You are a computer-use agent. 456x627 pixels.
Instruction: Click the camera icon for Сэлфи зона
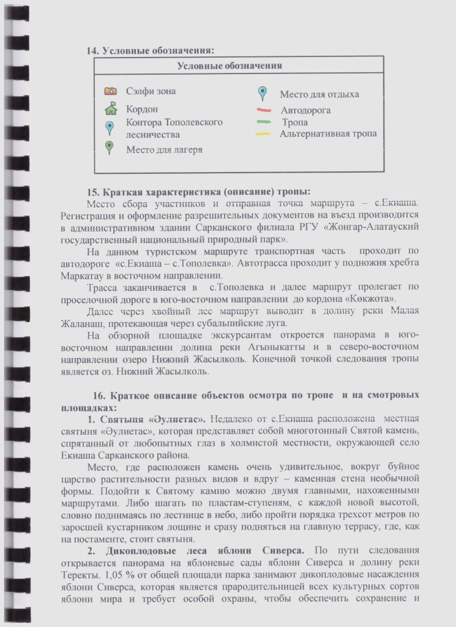(x=110, y=91)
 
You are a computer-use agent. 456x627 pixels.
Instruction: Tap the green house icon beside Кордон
(x=110, y=110)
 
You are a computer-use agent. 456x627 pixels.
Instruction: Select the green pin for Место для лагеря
(x=110, y=147)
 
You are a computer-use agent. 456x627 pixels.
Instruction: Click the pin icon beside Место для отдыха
(x=262, y=94)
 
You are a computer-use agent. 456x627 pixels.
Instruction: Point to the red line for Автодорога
(x=264, y=111)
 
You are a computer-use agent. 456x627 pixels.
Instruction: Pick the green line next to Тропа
(x=264, y=122)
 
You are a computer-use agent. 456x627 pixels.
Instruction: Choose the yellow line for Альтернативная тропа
(x=263, y=133)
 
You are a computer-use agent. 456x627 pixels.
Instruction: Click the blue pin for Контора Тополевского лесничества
(x=110, y=127)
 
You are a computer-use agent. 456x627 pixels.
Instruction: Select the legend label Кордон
(x=142, y=109)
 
